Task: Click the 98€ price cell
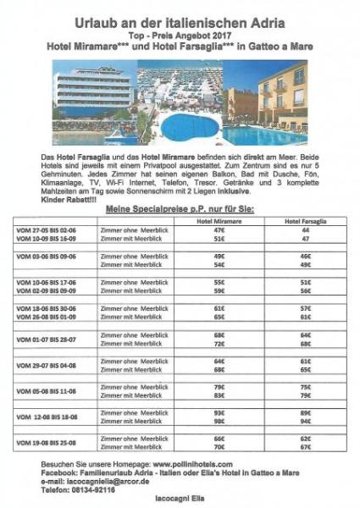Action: point(219,422)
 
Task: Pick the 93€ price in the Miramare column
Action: point(219,412)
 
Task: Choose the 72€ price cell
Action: point(219,344)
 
